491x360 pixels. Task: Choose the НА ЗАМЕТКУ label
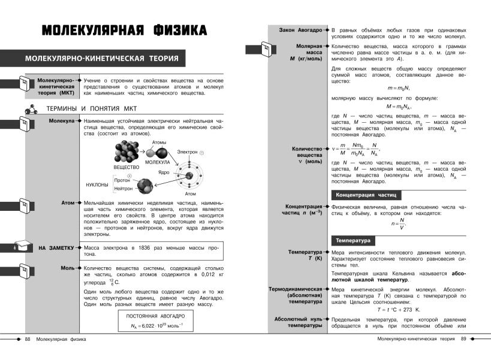(56, 247)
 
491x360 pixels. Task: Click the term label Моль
(67, 268)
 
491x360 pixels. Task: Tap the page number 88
(27, 340)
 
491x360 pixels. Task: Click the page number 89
(463, 340)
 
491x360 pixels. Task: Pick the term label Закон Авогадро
(301, 29)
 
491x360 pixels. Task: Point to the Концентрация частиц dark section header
(366, 195)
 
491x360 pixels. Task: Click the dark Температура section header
(353, 241)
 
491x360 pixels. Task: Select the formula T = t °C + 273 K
(399, 310)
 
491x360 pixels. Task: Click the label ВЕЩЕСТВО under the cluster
(126, 167)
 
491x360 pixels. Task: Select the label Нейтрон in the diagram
(123, 189)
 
